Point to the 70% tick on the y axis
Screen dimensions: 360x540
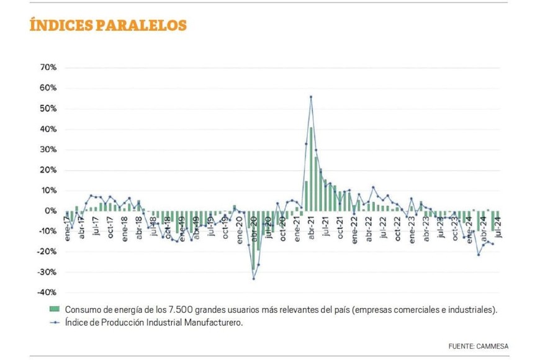[x=48, y=67]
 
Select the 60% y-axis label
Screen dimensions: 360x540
[x=48, y=88]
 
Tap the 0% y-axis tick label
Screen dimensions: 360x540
[x=50, y=211]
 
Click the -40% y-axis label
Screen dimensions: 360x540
[x=47, y=292]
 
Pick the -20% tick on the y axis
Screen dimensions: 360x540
[x=47, y=251]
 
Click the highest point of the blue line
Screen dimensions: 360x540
[x=310, y=97]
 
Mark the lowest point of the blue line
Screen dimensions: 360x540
[x=253, y=279]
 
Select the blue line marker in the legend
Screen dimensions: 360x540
[x=54, y=322]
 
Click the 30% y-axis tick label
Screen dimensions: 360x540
[x=48, y=150]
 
